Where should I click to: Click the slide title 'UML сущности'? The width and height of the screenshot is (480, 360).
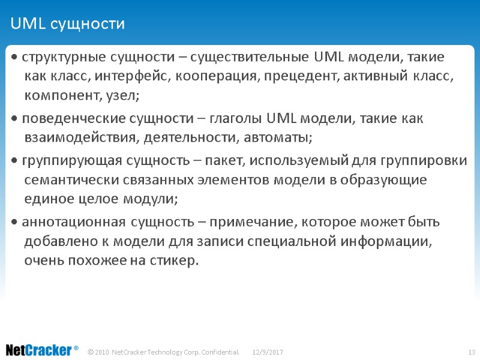[67, 24]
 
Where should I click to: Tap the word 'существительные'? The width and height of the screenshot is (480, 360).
[251, 58]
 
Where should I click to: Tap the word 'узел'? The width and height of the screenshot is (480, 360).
[125, 95]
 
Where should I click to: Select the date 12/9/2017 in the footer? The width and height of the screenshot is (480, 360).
[268, 351]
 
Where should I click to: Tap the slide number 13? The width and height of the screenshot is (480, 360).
[471, 351]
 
